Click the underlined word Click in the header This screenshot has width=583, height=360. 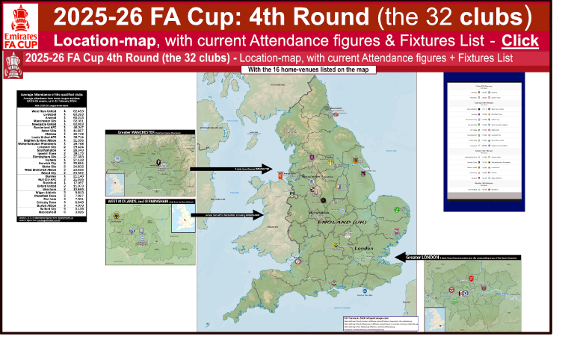point(519,40)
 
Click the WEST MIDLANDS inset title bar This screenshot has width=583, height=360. point(149,201)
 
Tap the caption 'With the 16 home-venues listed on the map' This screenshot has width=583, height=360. point(308,69)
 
